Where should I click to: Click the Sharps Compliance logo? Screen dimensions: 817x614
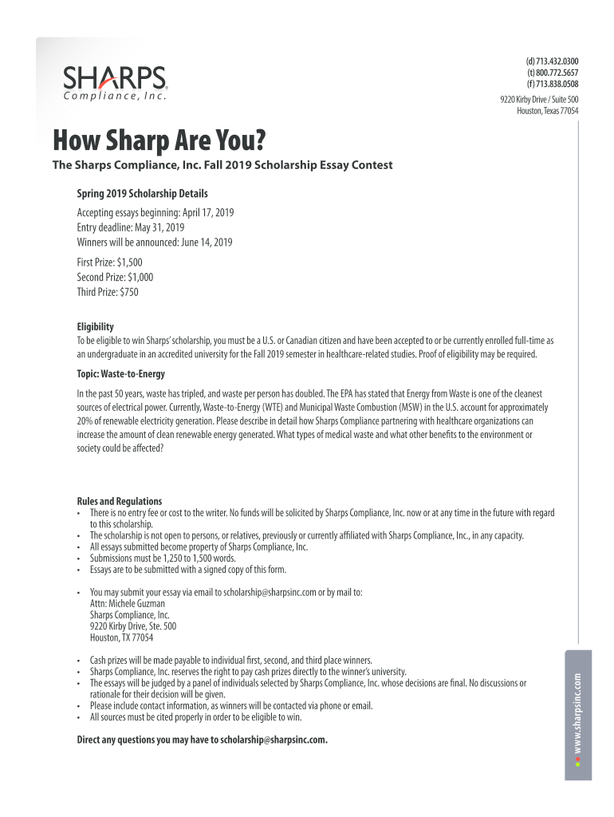pos(115,83)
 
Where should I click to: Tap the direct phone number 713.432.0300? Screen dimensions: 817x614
pos(556,61)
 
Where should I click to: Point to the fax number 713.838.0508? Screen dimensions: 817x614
pos(556,84)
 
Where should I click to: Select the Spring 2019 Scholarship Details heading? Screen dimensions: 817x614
pos(142,194)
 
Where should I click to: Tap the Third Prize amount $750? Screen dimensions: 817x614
pos(128,292)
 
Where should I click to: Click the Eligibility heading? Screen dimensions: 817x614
pos(95,327)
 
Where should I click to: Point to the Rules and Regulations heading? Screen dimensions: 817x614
pos(119,501)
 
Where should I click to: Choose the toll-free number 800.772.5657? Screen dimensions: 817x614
pos(556,73)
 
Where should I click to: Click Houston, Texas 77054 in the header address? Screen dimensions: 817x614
pos(547,111)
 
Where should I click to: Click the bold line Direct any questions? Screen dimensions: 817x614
pos(202,740)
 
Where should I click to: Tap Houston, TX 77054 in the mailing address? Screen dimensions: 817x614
pos(121,637)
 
